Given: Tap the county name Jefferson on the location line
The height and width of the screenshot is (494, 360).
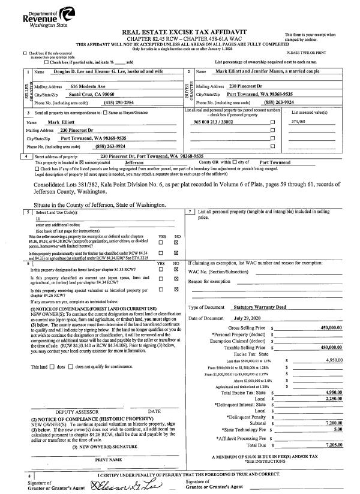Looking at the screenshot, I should coord(138,162).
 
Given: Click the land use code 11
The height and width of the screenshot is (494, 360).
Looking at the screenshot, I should coord(38,219).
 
